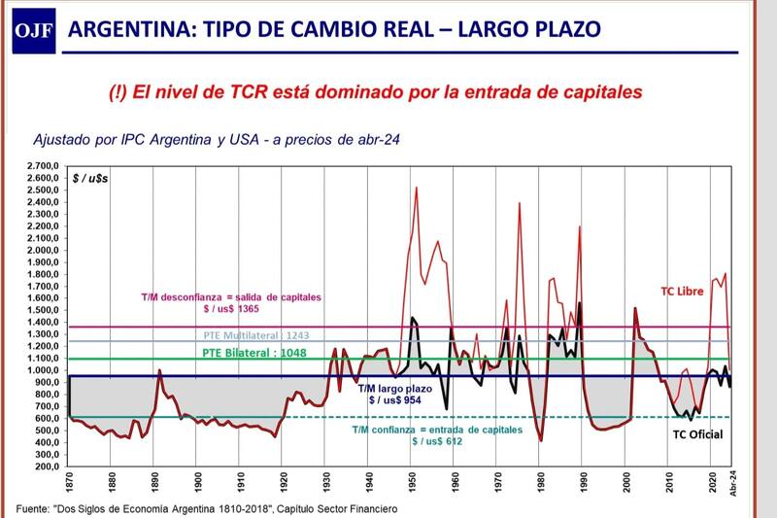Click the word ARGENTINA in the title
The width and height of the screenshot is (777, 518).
click(129, 28)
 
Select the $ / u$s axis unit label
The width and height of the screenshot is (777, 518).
click(91, 179)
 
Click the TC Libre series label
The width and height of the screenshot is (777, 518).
click(684, 291)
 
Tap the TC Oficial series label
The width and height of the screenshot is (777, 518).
click(697, 433)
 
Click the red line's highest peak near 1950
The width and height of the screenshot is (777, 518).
click(417, 188)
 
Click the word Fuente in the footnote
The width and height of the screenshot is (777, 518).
click(35, 508)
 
